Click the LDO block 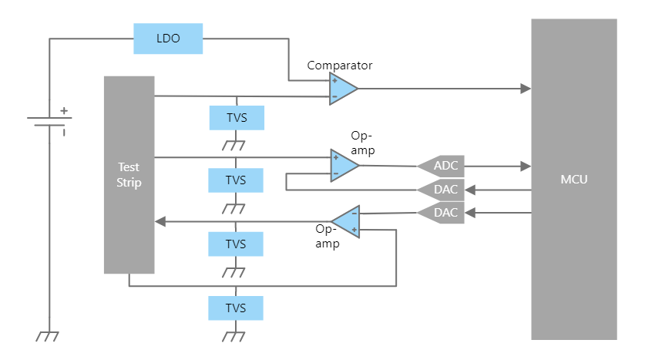pos(168,39)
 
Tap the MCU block pos(573,179)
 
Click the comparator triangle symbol pos(342,89)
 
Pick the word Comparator pos(340,66)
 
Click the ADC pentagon pos(442,165)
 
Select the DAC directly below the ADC pos(442,189)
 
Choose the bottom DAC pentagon pos(442,212)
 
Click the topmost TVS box pos(236,118)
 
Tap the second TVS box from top pos(236,180)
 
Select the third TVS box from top pos(236,244)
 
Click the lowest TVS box pos(236,308)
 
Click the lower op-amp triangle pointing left pos(347,221)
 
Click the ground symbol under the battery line pos(49,336)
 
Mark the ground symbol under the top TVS pos(234,144)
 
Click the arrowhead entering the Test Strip pos(160,221)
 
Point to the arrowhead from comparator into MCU pos(526,89)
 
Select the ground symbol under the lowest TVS pos(234,336)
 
